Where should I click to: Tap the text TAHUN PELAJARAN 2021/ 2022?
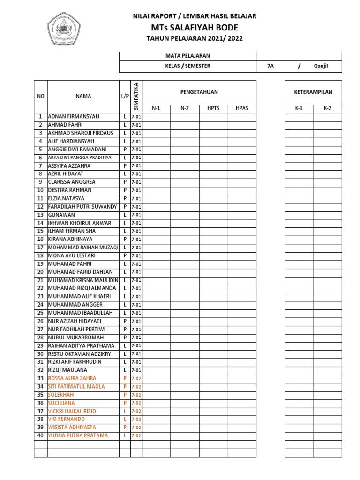tap(195, 38)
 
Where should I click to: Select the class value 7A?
tap(270, 66)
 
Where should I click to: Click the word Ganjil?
tap(321, 66)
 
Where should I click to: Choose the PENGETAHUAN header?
tap(199, 92)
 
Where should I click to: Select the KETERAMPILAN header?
tap(313, 92)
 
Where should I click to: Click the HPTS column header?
tap(213, 108)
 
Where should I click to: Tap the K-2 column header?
tap(327, 108)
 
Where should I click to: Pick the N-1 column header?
tap(156, 108)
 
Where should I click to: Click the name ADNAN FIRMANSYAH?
tap(74, 116)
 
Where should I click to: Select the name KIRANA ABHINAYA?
tap(70, 239)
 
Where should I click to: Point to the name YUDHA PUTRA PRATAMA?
tap(78, 435)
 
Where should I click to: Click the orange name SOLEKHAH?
tap(61, 395)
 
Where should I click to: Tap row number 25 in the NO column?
tap(40, 313)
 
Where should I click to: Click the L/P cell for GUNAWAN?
tap(125, 215)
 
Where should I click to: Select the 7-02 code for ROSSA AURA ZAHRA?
tap(136, 378)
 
